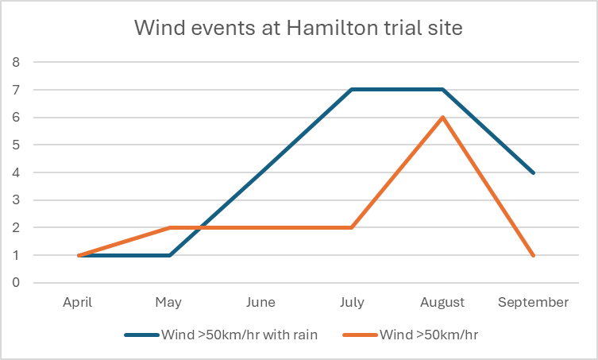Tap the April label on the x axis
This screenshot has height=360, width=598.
pyautogui.click(x=78, y=303)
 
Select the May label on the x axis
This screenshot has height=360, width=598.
pyautogui.click(x=169, y=303)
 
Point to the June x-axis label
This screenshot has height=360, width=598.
pyautogui.click(x=260, y=303)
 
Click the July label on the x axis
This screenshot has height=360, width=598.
pyautogui.click(x=351, y=303)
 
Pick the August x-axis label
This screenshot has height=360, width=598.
pyautogui.click(x=442, y=303)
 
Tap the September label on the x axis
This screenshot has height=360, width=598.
pyautogui.click(x=533, y=303)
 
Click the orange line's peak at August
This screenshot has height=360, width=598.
pyautogui.click(x=442, y=118)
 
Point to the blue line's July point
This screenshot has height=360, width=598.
pyautogui.click(x=351, y=90)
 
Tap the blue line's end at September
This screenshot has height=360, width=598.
pyautogui.click(x=533, y=172)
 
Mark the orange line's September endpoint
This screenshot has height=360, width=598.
pyautogui.click(x=533, y=255)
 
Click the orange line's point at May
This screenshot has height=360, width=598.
pyautogui.click(x=169, y=228)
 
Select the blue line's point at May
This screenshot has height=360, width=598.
pyautogui.click(x=169, y=255)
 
